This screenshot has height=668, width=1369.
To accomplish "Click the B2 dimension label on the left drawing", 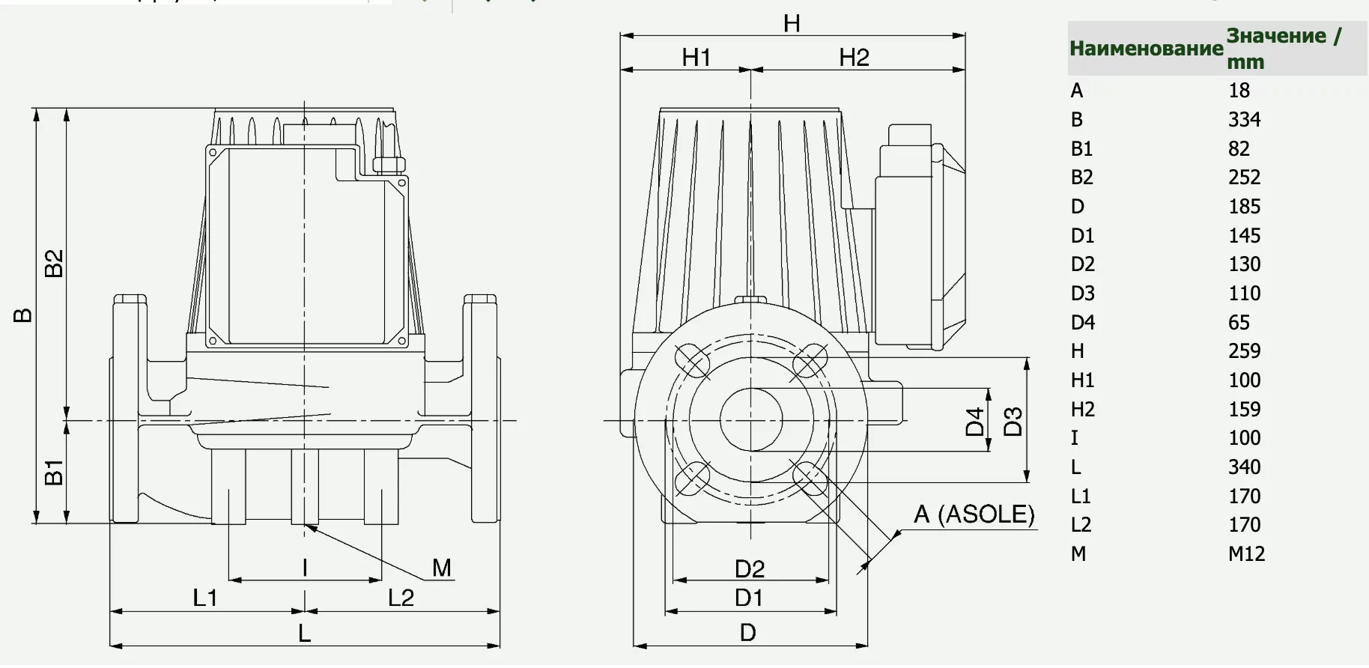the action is (x=54, y=263).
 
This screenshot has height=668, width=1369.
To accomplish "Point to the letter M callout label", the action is (x=442, y=568).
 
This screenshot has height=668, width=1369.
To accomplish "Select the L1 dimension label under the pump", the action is (x=205, y=598).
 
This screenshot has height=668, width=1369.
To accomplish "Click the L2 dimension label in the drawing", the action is (x=401, y=598).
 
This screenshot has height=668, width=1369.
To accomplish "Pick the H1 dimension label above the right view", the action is (x=696, y=58).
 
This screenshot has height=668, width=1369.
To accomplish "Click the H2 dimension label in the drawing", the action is (x=855, y=58).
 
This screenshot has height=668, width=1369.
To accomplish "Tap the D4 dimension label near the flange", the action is (x=974, y=422).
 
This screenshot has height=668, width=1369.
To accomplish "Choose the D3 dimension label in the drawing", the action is (x=1013, y=422).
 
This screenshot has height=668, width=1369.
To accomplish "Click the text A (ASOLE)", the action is (x=974, y=514).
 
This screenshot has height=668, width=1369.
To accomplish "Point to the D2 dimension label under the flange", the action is (x=750, y=569).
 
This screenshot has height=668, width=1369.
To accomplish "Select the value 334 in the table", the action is (x=1245, y=120).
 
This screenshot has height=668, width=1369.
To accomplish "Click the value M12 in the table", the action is (x=1247, y=554).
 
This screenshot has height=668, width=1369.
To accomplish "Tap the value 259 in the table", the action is (x=1245, y=351).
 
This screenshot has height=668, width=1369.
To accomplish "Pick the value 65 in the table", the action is (x=1239, y=323).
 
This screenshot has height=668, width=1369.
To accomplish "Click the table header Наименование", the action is (x=1146, y=49).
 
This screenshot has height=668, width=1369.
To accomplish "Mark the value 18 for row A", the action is (x=1239, y=91).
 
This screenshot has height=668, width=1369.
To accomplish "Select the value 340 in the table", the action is (x=1245, y=467).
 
